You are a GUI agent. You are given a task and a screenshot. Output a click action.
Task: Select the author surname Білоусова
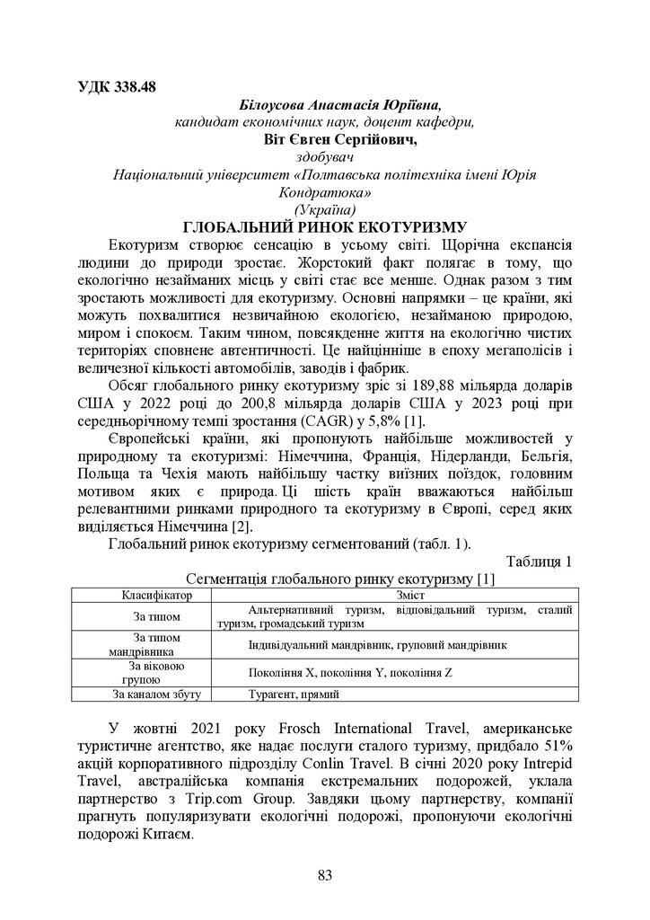coord(273,105)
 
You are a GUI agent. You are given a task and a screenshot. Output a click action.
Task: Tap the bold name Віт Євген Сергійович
coord(328,139)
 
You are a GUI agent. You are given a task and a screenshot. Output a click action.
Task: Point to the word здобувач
coord(325,156)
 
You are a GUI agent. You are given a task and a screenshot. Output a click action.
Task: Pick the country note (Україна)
coord(325,209)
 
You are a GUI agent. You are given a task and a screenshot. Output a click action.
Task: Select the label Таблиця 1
coord(539,562)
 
